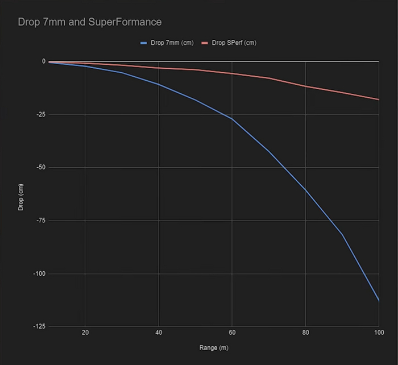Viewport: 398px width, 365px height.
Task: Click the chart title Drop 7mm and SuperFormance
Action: click(x=90, y=22)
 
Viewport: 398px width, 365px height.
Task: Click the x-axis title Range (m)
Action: click(x=214, y=347)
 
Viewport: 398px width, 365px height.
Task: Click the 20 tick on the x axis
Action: click(x=85, y=333)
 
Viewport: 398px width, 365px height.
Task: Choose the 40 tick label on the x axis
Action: click(x=159, y=333)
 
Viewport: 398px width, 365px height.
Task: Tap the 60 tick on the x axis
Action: click(x=232, y=333)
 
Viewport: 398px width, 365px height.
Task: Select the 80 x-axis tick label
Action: click(x=305, y=333)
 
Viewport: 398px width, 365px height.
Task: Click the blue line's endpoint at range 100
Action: click(x=379, y=300)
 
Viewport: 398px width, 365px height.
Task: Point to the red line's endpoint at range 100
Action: click(x=379, y=99)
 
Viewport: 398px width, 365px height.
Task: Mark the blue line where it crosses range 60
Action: click(x=232, y=119)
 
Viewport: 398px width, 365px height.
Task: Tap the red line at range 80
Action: click(x=305, y=86)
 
